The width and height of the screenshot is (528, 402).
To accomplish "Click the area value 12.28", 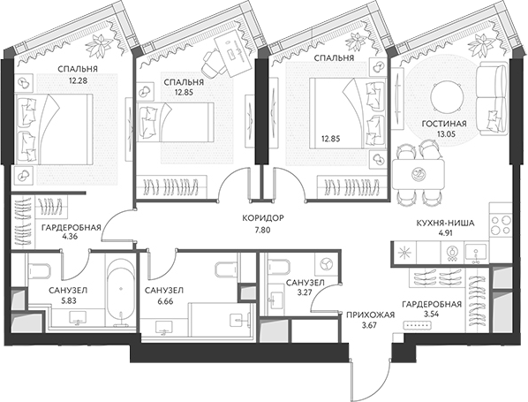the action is pyautogui.click(x=78, y=81).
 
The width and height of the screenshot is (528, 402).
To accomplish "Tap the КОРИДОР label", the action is pyautogui.click(x=263, y=218).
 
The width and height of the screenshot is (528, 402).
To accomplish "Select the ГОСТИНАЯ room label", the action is pyautogui.click(x=444, y=124).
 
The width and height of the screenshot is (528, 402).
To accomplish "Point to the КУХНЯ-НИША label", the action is pyautogui.click(x=446, y=223).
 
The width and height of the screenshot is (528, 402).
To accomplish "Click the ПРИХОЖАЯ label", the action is pyautogui.click(x=370, y=315).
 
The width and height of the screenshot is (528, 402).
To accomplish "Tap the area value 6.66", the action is pyautogui.click(x=165, y=301).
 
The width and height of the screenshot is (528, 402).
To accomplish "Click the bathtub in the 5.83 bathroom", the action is pyautogui.click(x=121, y=292).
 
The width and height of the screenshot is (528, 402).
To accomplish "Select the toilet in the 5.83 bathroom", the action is pyautogui.click(x=39, y=270).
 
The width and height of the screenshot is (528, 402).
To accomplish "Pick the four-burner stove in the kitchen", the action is pyautogui.click(x=501, y=224).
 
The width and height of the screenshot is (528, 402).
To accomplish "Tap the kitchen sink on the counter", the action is pyautogui.click(x=476, y=254).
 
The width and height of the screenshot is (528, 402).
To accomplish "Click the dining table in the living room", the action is pyautogui.click(x=419, y=174).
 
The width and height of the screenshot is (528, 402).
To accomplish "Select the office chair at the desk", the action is pyautogui.click(x=211, y=61).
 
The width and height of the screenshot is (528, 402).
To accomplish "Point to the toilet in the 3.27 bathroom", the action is pyautogui.click(x=279, y=267).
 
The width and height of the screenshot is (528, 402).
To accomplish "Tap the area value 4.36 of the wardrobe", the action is pyautogui.click(x=70, y=236).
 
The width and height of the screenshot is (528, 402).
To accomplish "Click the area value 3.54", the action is pyautogui.click(x=432, y=315).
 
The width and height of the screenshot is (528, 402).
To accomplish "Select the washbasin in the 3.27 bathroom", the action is pyautogui.click(x=277, y=298).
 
